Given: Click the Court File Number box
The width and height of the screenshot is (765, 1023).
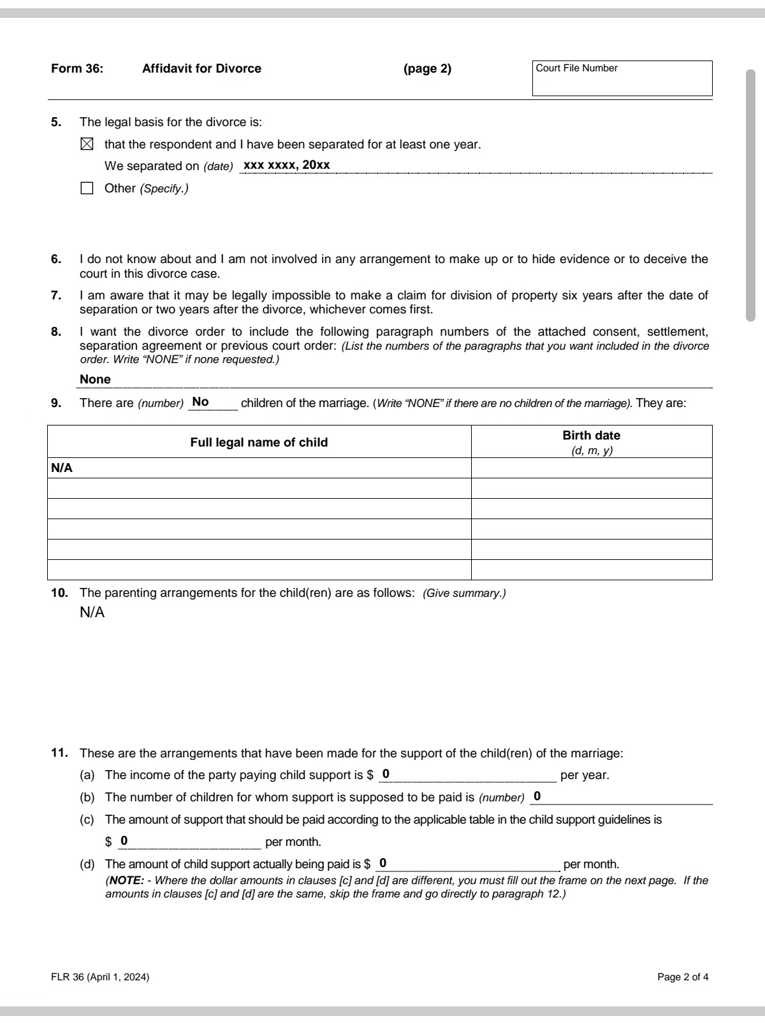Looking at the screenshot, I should tap(622, 78).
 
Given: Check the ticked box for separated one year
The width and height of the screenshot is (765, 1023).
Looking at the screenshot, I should tap(87, 145).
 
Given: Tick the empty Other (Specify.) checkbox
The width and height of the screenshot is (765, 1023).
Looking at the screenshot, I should tap(87, 189).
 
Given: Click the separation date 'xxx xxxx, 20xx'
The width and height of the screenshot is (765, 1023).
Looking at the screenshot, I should tap(287, 165).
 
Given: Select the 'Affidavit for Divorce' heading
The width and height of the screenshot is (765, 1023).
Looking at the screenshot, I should tap(201, 69).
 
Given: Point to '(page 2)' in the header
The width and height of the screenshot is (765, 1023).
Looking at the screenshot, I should tap(427, 69).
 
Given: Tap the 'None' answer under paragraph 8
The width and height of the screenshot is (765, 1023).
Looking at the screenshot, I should tap(95, 380).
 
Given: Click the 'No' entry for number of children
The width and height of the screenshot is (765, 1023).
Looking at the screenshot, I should tap(200, 402).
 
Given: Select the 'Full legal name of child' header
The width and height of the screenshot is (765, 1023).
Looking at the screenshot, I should tap(259, 442).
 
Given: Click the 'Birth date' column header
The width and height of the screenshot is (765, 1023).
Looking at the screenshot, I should tap(591, 436).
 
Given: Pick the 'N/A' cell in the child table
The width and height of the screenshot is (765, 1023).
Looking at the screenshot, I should tap(62, 468).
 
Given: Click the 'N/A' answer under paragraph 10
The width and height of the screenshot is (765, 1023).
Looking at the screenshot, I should tap(92, 613).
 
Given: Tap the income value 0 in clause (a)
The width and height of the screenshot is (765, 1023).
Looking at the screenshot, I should tap(386, 774).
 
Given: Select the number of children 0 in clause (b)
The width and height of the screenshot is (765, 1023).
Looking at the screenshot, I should tap(537, 796).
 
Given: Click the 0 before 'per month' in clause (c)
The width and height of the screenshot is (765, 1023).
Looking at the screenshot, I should tap(124, 841).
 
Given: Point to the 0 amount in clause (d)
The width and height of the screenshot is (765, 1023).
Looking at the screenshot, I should tap(382, 863).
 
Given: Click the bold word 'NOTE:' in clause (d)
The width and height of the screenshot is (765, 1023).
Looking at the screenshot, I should tap(127, 880).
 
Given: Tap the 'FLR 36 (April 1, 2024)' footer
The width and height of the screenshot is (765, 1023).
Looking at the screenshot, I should tap(100, 977).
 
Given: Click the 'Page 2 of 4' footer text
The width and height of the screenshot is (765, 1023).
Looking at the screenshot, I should tap(683, 977).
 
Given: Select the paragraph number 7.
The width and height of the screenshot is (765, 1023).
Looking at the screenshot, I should tap(56, 296).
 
